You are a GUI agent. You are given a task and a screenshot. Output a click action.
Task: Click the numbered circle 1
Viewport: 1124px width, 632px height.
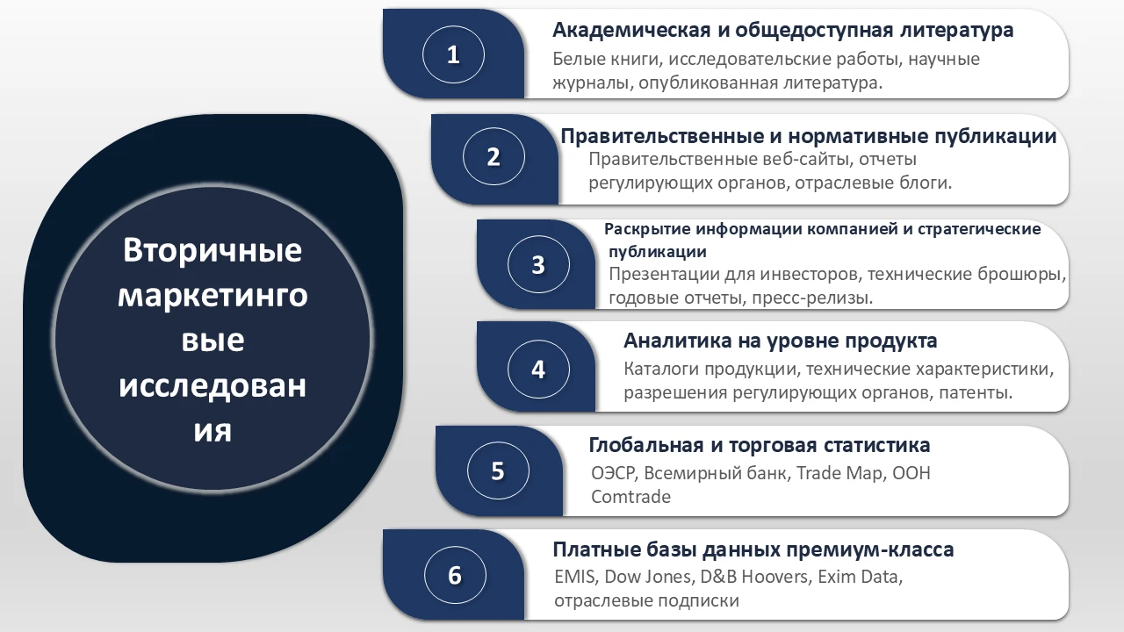point(453,55)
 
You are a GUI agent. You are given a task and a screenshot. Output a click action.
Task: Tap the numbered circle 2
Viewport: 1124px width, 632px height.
point(494,157)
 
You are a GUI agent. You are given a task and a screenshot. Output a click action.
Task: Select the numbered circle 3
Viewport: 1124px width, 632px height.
point(538,264)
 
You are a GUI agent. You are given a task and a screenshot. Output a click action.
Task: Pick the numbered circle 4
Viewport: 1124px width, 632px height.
point(538,369)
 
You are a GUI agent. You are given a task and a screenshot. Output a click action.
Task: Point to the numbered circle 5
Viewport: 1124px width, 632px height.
point(497,471)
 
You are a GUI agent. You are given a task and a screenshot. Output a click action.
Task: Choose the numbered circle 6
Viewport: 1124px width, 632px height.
point(454,575)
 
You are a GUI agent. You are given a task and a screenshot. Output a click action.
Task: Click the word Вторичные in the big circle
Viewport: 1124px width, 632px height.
point(213,250)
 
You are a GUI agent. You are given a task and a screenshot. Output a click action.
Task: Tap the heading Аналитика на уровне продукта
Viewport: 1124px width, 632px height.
point(780,341)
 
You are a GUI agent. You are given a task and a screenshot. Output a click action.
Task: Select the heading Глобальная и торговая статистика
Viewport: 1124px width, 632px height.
point(759,445)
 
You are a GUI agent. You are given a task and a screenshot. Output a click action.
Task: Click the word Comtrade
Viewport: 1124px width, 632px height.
point(630,497)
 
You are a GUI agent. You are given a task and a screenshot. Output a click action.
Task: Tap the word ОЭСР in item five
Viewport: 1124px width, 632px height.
point(613,473)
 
